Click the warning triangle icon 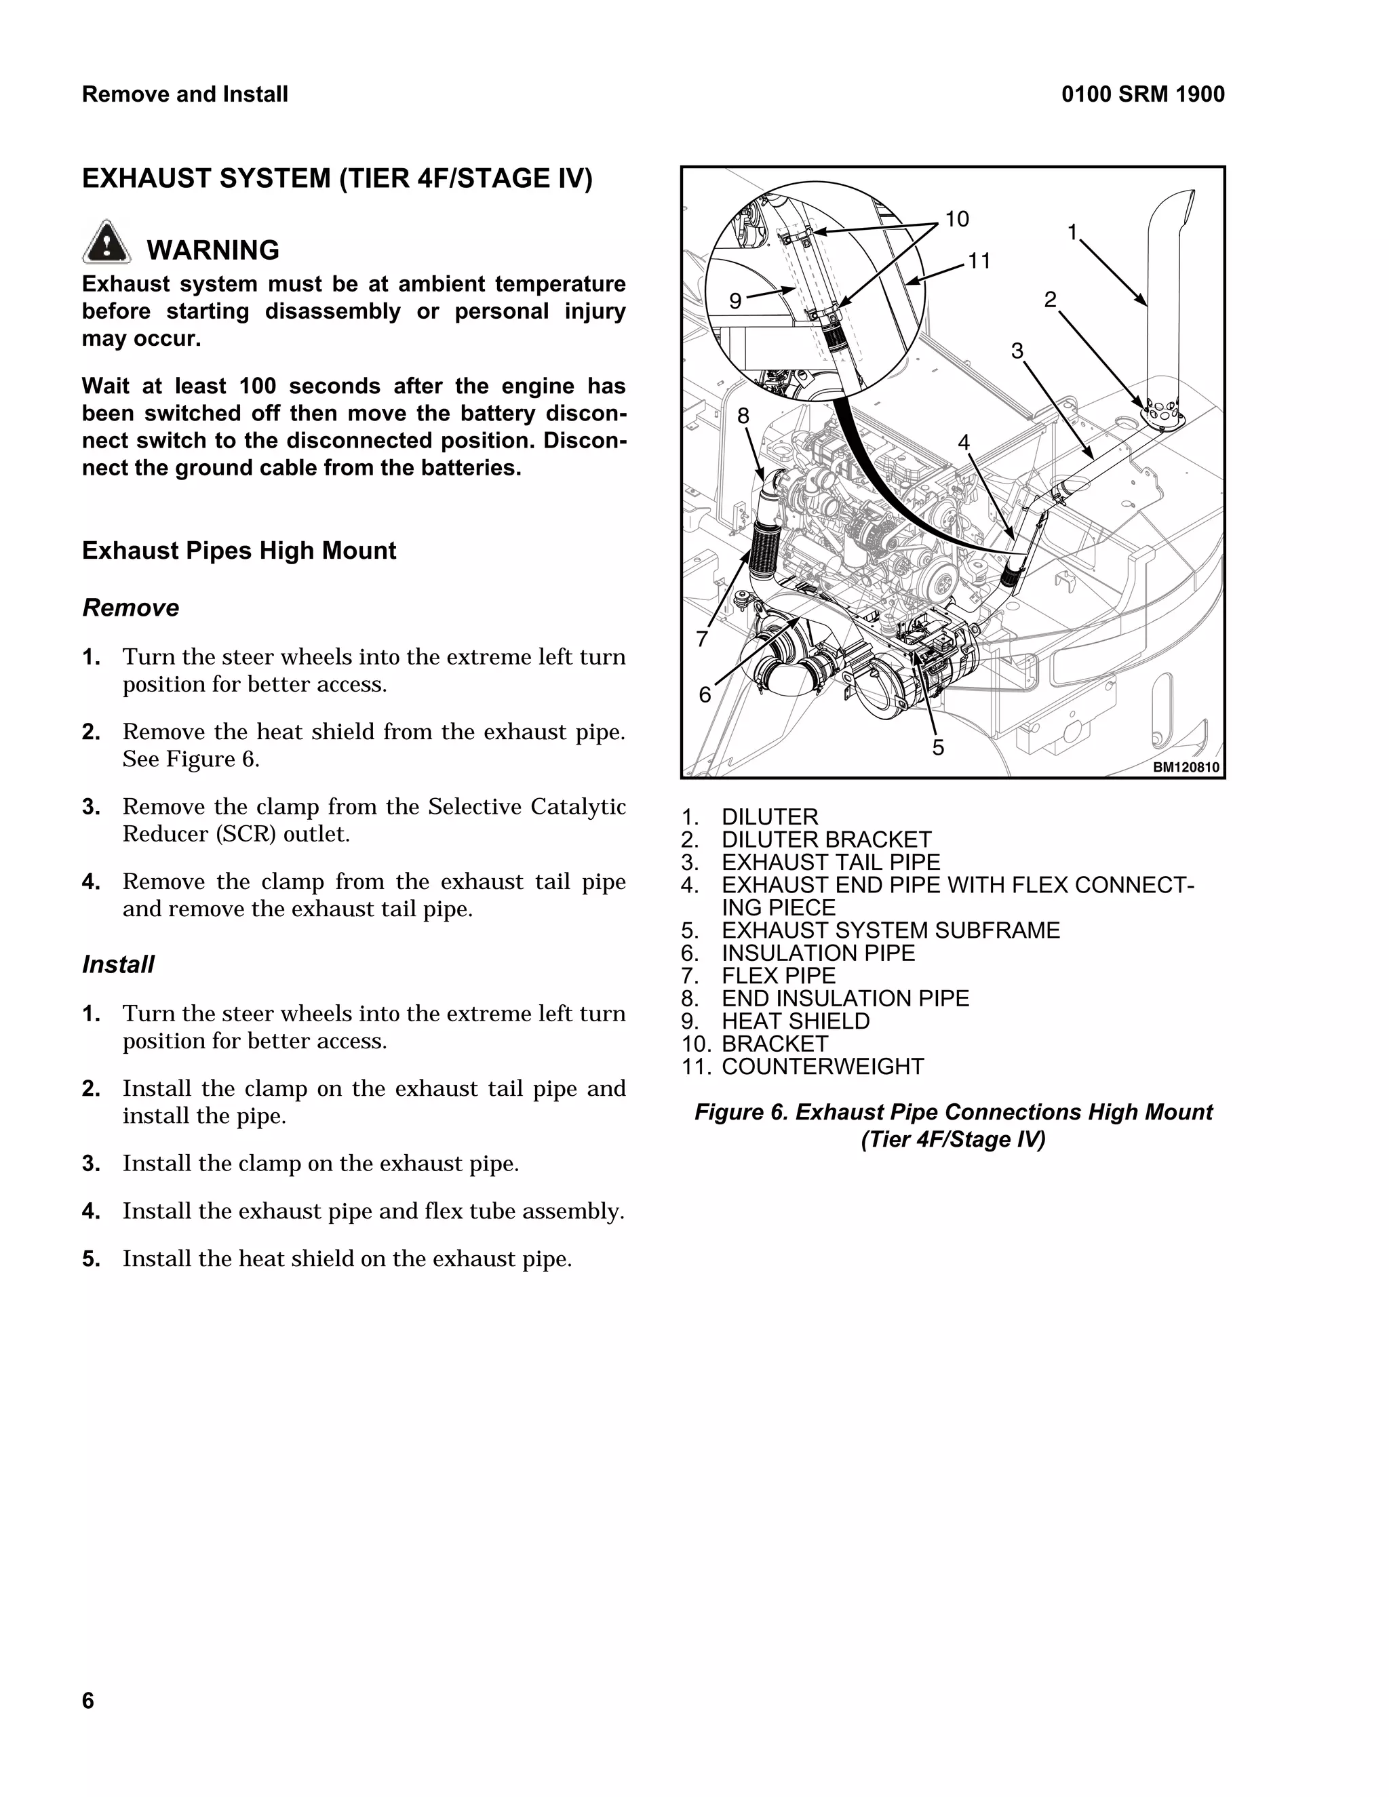pyautogui.click(x=106, y=243)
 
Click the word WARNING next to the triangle pyautogui.click(x=212, y=250)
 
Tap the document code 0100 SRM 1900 pyautogui.click(x=1142, y=95)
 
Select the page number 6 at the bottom pyautogui.click(x=88, y=1701)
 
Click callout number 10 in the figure pyautogui.click(x=956, y=220)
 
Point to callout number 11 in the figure pyautogui.click(x=979, y=262)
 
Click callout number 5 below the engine pyautogui.click(x=938, y=748)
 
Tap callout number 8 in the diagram pyautogui.click(x=743, y=416)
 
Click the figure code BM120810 pyautogui.click(x=1186, y=767)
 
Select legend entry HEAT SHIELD pyautogui.click(x=795, y=1021)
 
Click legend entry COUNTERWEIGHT pyautogui.click(x=822, y=1067)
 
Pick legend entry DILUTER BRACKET pyautogui.click(x=826, y=840)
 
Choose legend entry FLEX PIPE pyautogui.click(x=779, y=976)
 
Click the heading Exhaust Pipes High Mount pyautogui.click(x=239, y=551)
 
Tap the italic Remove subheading pyautogui.click(x=131, y=608)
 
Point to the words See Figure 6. pyautogui.click(x=191, y=759)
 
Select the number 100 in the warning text pyautogui.click(x=258, y=386)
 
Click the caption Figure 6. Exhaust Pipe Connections pyautogui.click(x=953, y=1112)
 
